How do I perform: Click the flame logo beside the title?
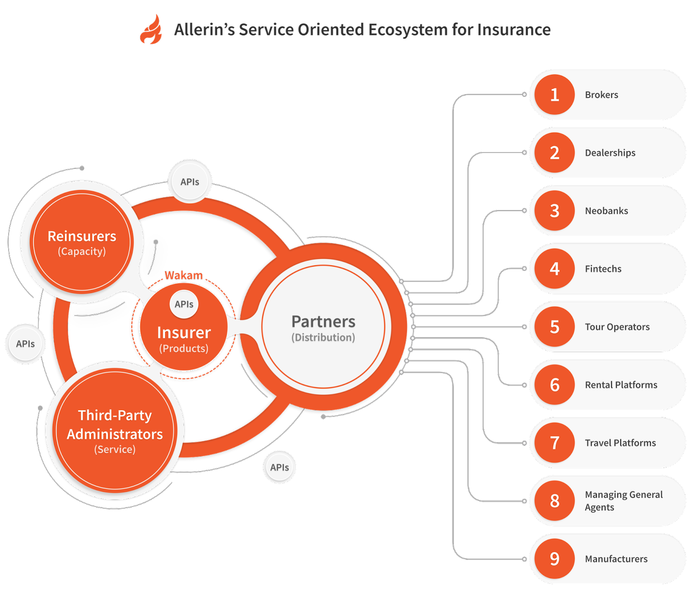click(x=151, y=30)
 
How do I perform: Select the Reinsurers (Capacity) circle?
click(x=82, y=242)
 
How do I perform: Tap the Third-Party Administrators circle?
click(x=114, y=431)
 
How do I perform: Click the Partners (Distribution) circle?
click(x=323, y=327)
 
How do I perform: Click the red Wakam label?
click(x=184, y=275)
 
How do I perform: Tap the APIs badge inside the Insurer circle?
click(x=184, y=304)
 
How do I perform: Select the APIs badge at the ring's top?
click(x=190, y=182)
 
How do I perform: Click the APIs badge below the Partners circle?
click(x=279, y=468)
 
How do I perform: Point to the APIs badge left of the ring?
click(x=25, y=344)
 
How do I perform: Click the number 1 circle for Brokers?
click(x=555, y=95)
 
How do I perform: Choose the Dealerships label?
click(x=610, y=153)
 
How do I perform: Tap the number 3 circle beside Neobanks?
click(x=555, y=211)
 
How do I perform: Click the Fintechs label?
click(x=603, y=269)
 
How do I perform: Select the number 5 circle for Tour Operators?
click(x=555, y=327)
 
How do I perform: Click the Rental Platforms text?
click(x=621, y=385)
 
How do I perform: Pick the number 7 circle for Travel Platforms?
click(x=555, y=443)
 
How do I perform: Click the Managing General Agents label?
click(x=623, y=501)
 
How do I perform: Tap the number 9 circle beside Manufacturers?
click(x=555, y=559)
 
